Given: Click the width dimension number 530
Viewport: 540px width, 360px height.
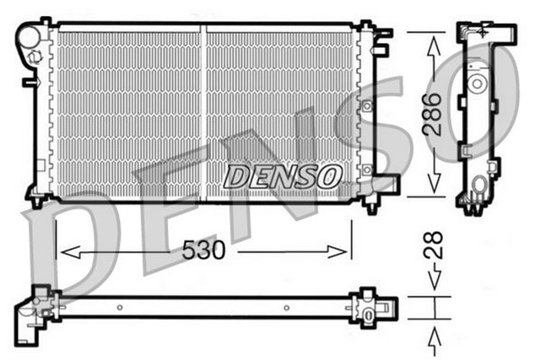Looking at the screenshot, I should [x=206, y=250].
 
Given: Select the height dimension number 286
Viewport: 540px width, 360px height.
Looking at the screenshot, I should [x=431, y=114].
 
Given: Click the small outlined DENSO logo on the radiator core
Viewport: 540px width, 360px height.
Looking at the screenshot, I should [x=283, y=176].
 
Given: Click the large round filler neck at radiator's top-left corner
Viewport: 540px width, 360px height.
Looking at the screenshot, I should [x=30, y=37].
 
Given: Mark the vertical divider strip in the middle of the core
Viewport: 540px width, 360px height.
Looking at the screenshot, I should [x=203, y=113].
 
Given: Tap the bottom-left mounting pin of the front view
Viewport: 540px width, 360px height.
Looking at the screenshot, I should [x=39, y=202].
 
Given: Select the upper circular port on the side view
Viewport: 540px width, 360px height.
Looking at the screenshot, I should [x=478, y=83].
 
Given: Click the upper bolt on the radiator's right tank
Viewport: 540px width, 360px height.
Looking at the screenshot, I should [x=367, y=106].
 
